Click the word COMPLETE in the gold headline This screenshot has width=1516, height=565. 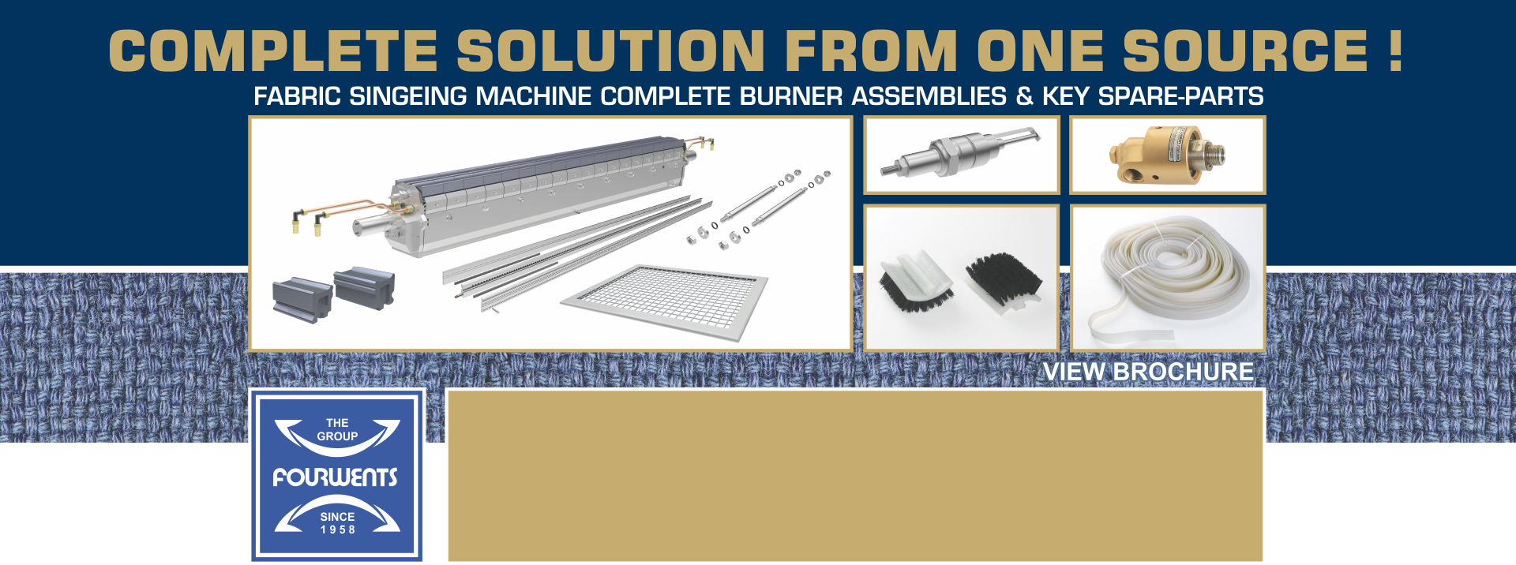[273, 51]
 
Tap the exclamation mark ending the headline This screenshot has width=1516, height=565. [1395, 51]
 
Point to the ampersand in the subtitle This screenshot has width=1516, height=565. [1024, 96]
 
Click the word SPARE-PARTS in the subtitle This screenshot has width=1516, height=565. [1180, 96]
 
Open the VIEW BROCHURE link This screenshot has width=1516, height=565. [1148, 371]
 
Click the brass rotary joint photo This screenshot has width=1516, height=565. [1166, 155]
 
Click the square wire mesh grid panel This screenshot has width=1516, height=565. [664, 301]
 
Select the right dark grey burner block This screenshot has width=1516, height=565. [364, 287]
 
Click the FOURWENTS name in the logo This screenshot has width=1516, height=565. [336, 477]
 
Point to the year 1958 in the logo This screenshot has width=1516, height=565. [337, 529]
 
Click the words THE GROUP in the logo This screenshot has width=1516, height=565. [337, 429]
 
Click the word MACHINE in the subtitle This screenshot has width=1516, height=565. [534, 96]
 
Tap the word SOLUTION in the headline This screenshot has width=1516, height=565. [611, 51]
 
